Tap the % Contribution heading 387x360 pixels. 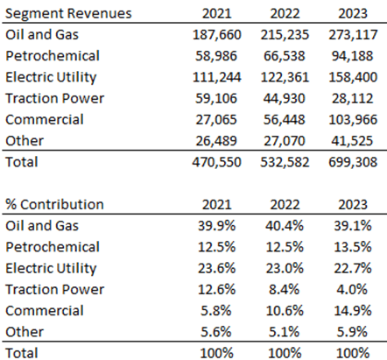pos(55,204)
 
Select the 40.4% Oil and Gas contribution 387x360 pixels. pos(286,226)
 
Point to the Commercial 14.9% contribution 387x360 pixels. pos(356,310)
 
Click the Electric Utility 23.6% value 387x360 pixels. pos(215,268)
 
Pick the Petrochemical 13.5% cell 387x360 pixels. pos(356,247)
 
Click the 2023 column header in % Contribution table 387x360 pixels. pos(356,204)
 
